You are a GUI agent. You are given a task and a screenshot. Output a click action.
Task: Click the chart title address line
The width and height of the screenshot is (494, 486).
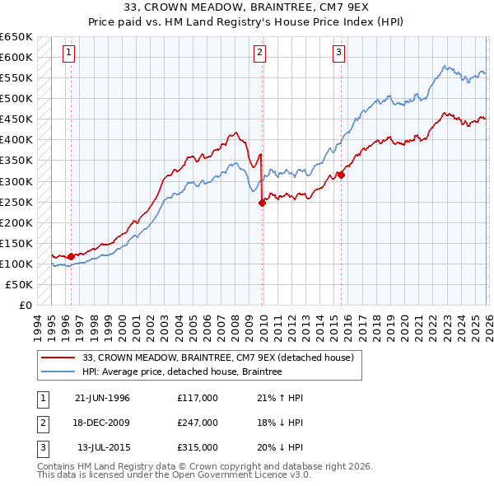click(246, 9)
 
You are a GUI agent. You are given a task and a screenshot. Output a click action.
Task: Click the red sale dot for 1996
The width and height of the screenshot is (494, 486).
click(71, 256)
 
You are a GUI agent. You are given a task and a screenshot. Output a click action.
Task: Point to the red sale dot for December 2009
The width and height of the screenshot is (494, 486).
click(263, 203)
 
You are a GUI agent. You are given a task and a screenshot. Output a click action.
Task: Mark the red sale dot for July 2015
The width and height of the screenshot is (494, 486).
click(341, 174)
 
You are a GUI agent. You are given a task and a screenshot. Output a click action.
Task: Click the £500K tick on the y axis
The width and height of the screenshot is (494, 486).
click(17, 99)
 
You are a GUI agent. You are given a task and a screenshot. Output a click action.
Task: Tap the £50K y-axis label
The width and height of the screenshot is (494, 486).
click(20, 285)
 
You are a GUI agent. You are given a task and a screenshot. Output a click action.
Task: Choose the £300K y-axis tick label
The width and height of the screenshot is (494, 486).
click(17, 181)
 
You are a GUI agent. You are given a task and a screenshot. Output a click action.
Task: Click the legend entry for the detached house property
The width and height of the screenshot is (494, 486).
click(217, 357)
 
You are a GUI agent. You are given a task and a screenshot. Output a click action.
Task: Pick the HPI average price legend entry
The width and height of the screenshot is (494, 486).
click(182, 372)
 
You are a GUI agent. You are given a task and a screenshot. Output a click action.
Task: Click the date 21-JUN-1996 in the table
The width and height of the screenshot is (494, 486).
click(102, 398)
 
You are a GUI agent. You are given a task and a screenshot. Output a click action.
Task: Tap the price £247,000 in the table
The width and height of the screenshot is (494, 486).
click(197, 423)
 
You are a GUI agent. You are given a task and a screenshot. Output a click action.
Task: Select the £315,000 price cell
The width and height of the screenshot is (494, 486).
click(197, 447)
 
